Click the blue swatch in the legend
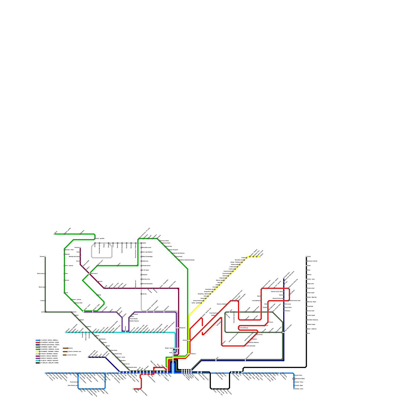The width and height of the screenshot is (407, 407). [37, 340]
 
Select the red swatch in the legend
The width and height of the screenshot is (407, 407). [37, 342]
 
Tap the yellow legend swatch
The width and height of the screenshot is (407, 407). [37, 352]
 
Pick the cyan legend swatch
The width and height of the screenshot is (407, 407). [37, 360]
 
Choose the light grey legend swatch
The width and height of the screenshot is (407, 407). [37, 354]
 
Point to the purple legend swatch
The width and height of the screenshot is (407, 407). [37, 358]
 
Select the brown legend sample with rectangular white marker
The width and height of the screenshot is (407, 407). [65, 355]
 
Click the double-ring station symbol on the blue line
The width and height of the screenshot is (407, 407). [294, 379]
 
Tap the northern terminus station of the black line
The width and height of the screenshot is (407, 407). [306, 257]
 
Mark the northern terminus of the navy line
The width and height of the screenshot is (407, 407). [284, 278]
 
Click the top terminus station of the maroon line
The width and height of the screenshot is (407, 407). [80, 248]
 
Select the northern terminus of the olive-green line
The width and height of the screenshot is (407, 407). [45, 257]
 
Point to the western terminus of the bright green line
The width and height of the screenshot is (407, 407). [54, 234]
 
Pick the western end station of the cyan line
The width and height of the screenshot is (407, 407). [66, 332]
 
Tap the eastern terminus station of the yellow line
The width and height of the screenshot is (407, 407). [260, 257]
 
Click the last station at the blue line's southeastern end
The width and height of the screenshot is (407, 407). [294, 389]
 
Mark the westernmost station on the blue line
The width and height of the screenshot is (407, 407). [45, 373]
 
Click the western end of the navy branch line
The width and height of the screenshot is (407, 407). [88, 357]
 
